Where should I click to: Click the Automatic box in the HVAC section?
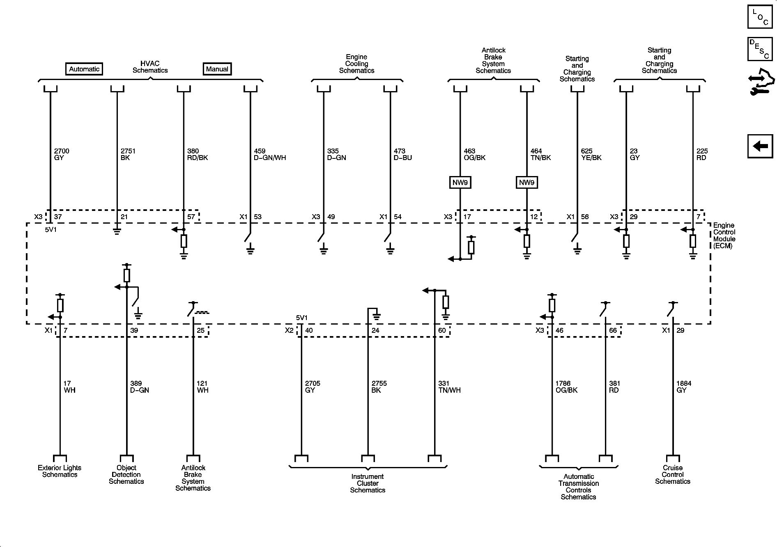[84, 69]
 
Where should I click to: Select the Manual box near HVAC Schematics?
[217, 69]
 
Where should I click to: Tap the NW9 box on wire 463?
[460, 183]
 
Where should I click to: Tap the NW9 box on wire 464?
[526, 183]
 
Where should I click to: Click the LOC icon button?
[760, 17]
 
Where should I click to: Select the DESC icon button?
[760, 49]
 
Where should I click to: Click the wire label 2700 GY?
[62, 154]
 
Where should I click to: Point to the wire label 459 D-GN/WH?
[270, 154]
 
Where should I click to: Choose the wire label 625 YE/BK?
[591, 154]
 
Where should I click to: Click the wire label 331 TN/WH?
[449, 387]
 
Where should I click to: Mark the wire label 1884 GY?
[684, 387]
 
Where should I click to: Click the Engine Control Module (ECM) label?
[724, 236]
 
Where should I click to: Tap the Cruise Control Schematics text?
[672, 474]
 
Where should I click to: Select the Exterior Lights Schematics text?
[60, 471]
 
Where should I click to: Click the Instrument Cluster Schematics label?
[368, 483]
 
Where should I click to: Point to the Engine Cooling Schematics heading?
[356, 64]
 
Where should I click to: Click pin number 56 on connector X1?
[585, 217]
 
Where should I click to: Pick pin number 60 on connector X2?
[442, 330]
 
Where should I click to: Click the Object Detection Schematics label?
[126, 474]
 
